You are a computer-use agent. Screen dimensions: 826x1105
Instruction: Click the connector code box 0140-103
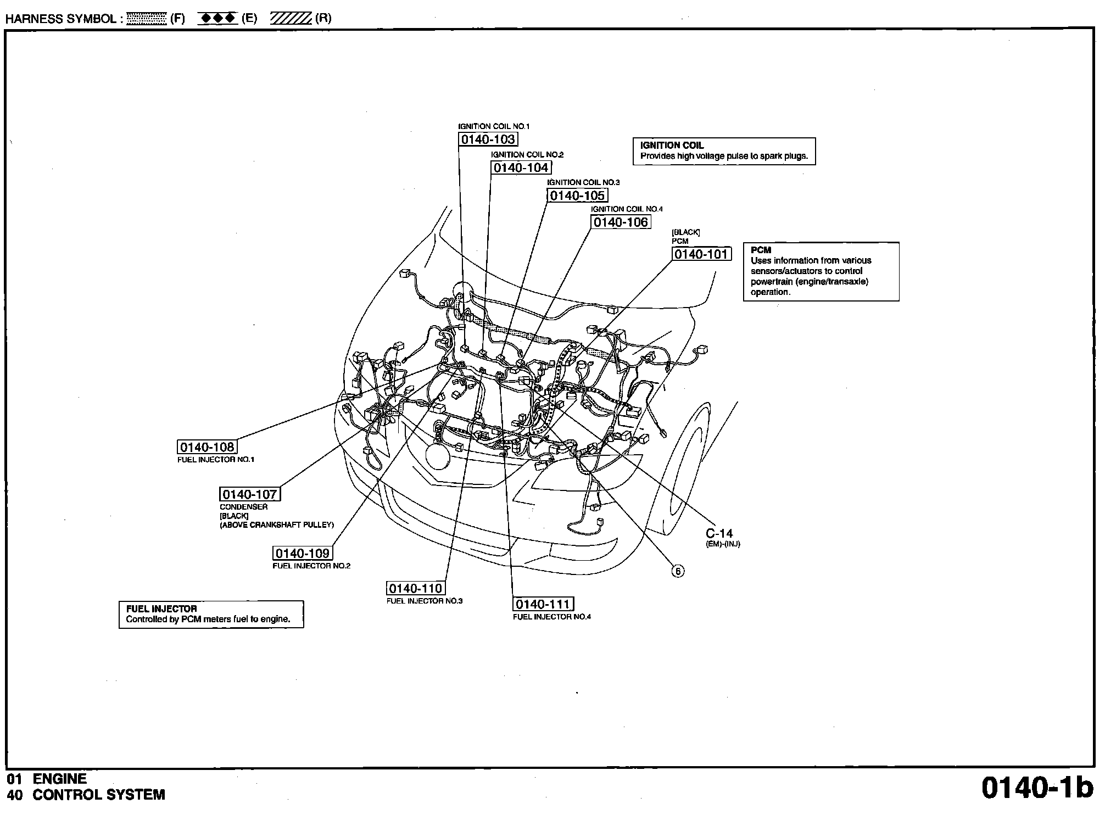tap(488, 139)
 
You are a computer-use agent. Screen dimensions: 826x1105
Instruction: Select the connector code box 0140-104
tap(521, 168)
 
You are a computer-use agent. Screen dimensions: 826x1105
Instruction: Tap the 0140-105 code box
tap(577, 196)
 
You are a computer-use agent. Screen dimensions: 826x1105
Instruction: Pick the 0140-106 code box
tap(621, 222)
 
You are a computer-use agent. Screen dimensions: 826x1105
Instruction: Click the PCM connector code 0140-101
tap(701, 254)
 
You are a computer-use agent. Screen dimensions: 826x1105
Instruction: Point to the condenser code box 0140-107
tap(249, 494)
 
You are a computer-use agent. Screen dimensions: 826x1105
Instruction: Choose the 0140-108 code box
tap(207, 447)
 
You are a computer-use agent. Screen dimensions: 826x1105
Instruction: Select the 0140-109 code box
tap(303, 553)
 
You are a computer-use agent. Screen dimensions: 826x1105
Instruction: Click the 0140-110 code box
tap(415, 588)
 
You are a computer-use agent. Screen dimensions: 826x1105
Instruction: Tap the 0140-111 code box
tap(543, 604)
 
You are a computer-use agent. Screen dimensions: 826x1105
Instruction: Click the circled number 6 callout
tap(678, 571)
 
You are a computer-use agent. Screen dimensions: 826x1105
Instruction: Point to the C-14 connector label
tap(719, 533)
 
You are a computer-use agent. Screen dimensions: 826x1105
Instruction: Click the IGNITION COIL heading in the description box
tap(671, 146)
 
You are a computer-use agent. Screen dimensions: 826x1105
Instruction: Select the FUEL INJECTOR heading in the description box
tap(161, 609)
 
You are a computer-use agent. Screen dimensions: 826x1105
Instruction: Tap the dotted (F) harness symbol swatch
tap(146, 19)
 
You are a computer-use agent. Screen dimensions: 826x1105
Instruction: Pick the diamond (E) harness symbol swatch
tap(217, 19)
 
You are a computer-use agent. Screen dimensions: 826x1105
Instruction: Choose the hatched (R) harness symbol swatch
tap(291, 19)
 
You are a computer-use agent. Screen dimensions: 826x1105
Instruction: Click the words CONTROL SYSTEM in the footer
tap(99, 795)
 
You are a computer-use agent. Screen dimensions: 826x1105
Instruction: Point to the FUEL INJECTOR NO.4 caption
tap(551, 617)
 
